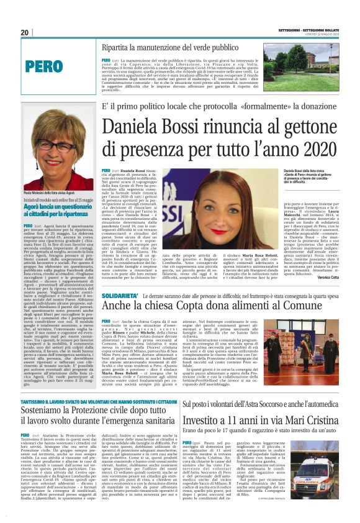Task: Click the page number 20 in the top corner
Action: point(25,33)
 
